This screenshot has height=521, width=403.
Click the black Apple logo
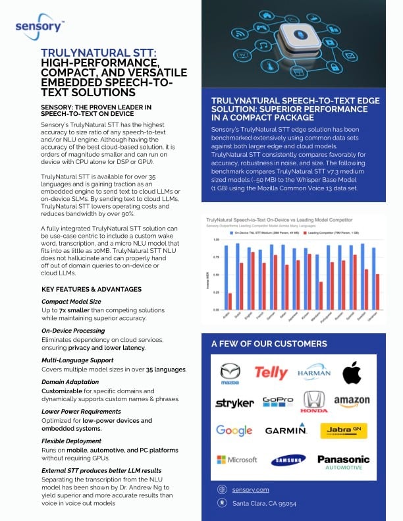pos(352,373)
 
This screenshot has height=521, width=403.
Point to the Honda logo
pos(314,401)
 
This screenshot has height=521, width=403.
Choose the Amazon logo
pos(352,400)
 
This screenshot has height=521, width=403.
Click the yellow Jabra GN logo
pos(343,430)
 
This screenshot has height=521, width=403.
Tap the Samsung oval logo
pos(287,460)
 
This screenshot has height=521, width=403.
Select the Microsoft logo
pos(236,459)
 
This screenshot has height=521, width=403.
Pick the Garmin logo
pos(286,431)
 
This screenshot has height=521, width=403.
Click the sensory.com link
pos(250,489)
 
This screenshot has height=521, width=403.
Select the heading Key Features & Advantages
pos(92,289)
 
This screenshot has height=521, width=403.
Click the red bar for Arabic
pos(230,301)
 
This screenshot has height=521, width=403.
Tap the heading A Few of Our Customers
pos(269,344)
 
